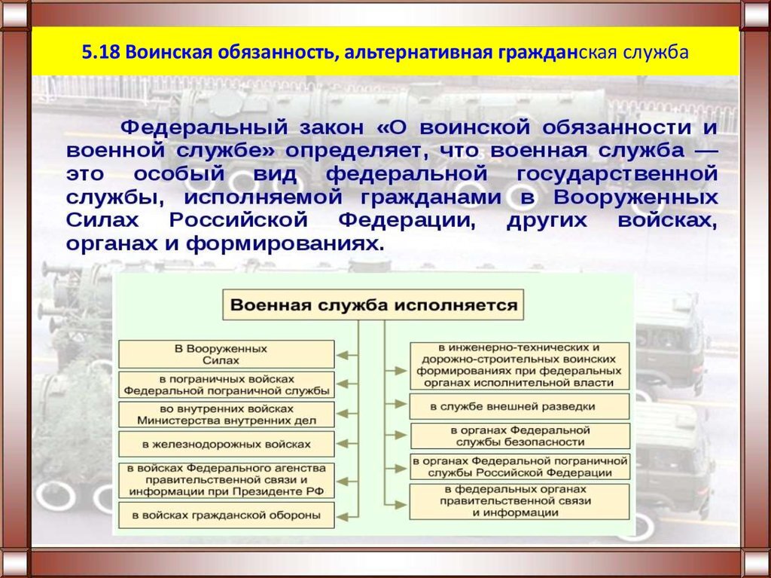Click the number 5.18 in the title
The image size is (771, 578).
click(101, 52)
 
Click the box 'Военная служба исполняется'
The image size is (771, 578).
click(373, 304)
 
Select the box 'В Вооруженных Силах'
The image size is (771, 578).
click(227, 354)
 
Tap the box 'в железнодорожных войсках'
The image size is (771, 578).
click(227, 444)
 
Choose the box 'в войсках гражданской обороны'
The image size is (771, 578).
click(227, 515)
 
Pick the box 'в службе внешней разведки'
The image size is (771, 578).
click(520, 407)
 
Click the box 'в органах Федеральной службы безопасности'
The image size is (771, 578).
click(520, 436)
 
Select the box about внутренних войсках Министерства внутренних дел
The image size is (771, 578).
click(227, 414)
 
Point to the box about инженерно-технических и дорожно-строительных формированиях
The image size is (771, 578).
click(520, 365)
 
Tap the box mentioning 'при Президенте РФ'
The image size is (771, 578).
click(227, 480)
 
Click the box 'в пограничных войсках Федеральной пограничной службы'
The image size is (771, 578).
click(227, 385)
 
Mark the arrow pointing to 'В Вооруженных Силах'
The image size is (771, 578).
click(348, 355)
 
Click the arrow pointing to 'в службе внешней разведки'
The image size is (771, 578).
click(396, 404)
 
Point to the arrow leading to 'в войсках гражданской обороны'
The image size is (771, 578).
click(348, 516)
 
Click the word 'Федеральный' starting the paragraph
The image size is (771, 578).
click(204, 128)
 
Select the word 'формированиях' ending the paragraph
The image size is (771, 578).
click(284, 243)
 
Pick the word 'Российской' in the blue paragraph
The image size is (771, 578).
click(238, 220)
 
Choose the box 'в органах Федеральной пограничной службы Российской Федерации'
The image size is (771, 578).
click(520, 466)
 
